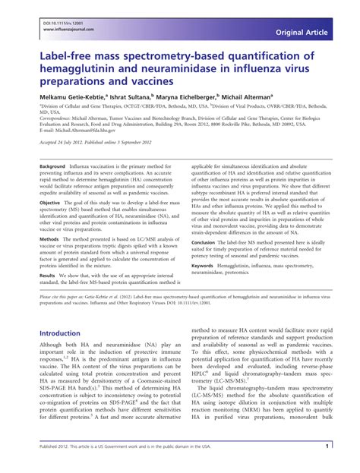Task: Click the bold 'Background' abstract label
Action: pyautogui.click(x=52, y=166)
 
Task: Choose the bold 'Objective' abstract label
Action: pyautogui.click(x=50, y=203)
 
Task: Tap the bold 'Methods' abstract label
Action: pyautogui.click(x=49, y=238)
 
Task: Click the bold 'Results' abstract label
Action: pyautogui.click(x=49, y=276)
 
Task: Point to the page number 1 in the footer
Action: pyautogui.click(x=326, y=447)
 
